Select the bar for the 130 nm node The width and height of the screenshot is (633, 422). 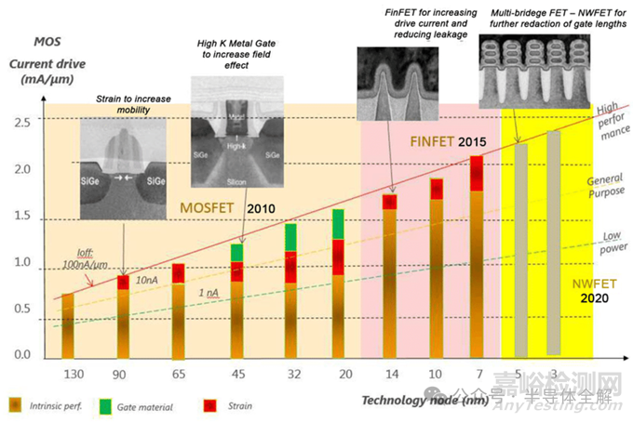(x=67, y=325)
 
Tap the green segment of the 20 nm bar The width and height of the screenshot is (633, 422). (x=339, y=223)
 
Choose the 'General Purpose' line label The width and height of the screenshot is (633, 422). (x=605, y=189)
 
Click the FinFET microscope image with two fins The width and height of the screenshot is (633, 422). (x=392, y=75)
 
